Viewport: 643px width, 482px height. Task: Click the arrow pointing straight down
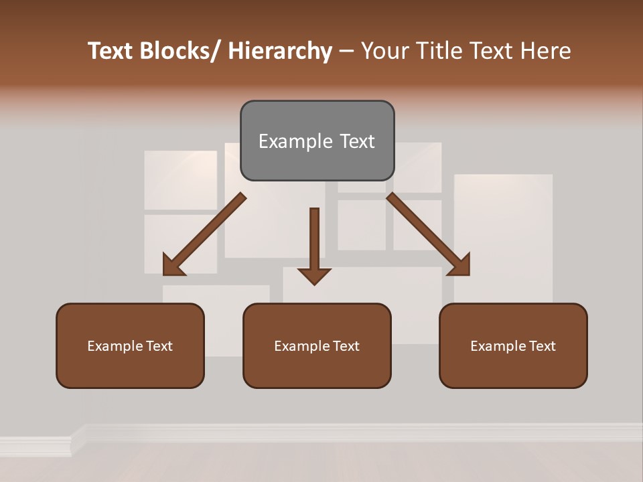pyautogui.click(x=314, y=244)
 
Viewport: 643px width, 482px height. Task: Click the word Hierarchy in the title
pyautogui.click(x=280, y=51)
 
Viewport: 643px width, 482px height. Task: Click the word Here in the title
pyautogui.click(x=546, y=51)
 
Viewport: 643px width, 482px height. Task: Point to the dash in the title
pyautogui.click(x=346, y=52)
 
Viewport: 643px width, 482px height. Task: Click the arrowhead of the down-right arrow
pyautogui.click(x=459, y=265)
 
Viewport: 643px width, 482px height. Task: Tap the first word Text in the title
pyautogui.click(x=110, y=51)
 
